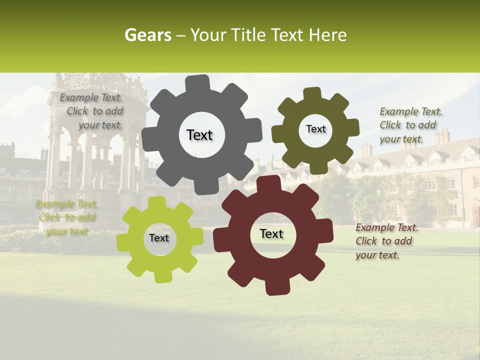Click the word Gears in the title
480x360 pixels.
point(145,35)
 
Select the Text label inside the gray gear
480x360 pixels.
point(199,135)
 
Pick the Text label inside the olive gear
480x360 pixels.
point(315,129)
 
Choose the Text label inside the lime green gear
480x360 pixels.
point(159,238)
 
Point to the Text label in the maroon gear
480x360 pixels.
point(271,233)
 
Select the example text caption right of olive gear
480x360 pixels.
point(410,125)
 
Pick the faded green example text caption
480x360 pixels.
point(65,217)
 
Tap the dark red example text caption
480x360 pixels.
point(386,241)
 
